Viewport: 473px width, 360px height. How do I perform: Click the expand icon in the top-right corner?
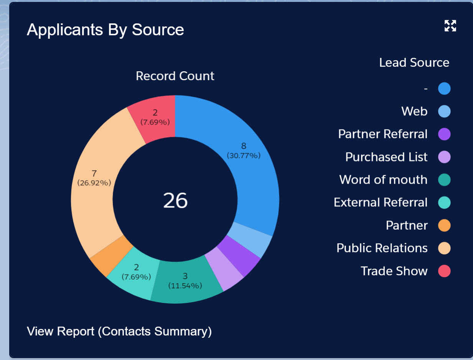coord(450,26)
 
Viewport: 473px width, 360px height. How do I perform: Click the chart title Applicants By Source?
coord(105,30)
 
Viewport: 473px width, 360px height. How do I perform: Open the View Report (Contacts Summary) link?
coord(119,331)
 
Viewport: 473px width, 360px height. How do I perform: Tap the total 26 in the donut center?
coord(175,200)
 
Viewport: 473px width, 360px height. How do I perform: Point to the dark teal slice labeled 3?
coord(185,282)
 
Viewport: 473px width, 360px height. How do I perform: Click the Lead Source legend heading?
coord(414,62)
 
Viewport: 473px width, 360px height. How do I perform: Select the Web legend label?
coord(414,112)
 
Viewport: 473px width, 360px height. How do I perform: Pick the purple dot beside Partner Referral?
coord(444,134)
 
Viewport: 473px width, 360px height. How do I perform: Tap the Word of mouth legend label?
coord(383,180)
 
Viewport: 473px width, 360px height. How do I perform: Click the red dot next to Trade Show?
coord(444,271)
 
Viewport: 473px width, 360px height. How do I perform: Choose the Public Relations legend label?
coord(382,248)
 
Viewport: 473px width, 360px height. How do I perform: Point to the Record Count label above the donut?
coord(175,76)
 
